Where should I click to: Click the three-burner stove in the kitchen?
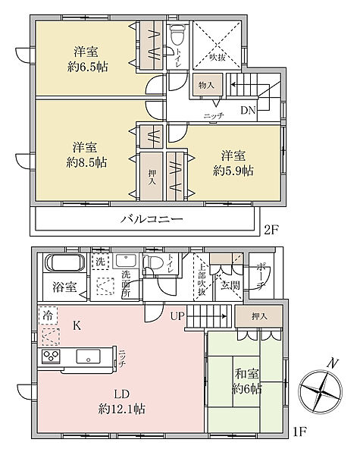[51, 357]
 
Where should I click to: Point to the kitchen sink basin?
[87, 356]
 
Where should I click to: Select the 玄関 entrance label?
[229, 286]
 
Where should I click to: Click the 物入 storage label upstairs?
[205, 86]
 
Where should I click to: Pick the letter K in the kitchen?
[77, 326]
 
